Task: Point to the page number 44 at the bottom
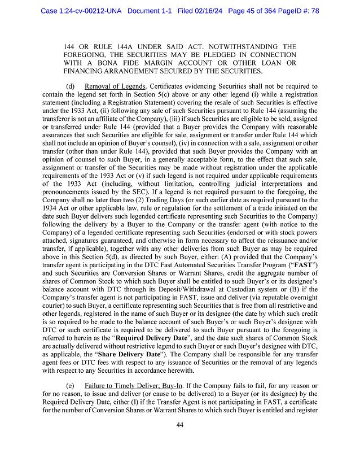point(180,424)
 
